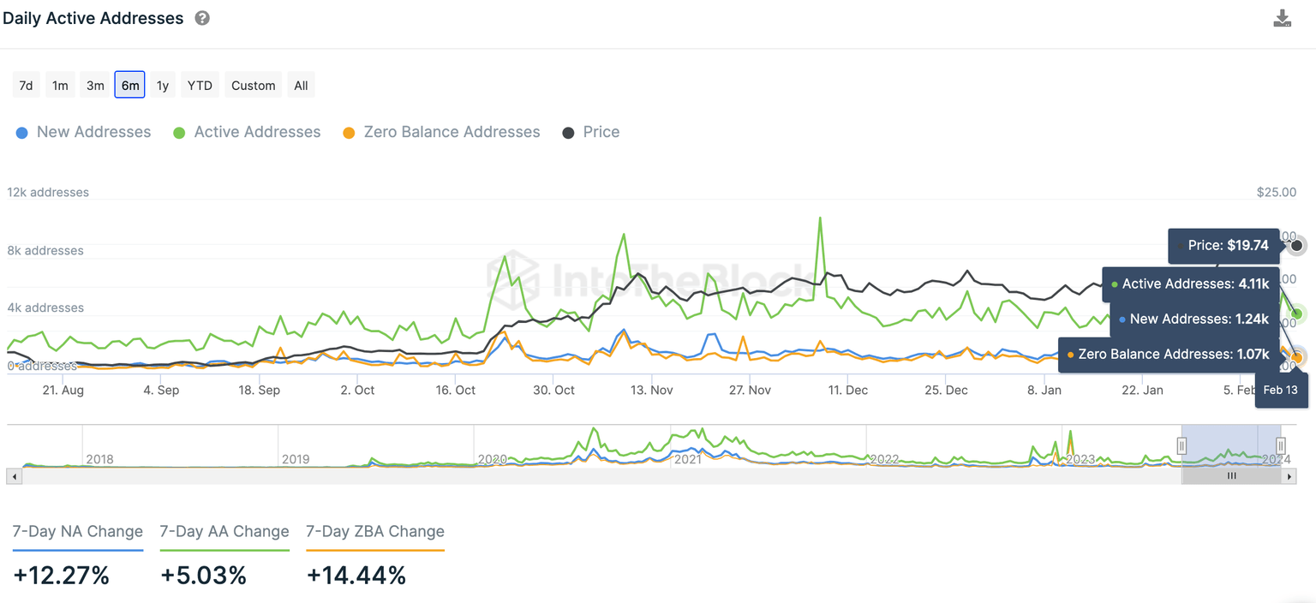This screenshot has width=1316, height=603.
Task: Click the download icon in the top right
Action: click(1282, 19)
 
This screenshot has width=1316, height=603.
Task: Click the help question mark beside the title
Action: click(202, 18)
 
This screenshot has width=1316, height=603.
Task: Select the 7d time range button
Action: click(26, 85)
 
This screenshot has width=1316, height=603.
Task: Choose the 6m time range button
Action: click(129, 85)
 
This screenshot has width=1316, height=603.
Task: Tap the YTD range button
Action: click(200, 85)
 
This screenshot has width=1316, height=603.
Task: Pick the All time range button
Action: click(301, 85)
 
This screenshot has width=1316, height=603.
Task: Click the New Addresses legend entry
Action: click(83, 132)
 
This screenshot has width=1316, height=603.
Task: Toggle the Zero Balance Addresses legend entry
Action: click(441, 132)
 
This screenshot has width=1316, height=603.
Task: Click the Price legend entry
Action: click(591, 132)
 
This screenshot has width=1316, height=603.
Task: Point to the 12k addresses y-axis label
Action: click(48, 193)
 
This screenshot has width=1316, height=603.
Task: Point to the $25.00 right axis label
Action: click(1276, 193)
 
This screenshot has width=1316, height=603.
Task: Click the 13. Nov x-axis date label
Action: click(651, 390)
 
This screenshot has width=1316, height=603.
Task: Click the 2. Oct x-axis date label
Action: click(357, 390)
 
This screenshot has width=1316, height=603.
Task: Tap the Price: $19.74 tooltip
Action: click(1224, 245)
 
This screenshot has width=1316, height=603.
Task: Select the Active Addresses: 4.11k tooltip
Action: click(1191, 284)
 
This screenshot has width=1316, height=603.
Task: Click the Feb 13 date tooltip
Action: click(1281, 390)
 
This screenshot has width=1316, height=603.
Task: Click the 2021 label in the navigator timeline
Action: click(688, 459)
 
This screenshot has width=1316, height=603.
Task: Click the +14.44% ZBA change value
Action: click(356, 576)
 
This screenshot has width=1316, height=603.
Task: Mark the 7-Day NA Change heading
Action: click(78, 532)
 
